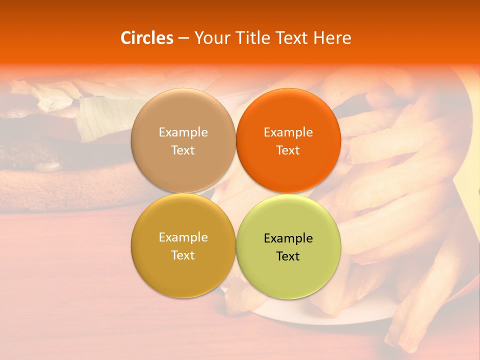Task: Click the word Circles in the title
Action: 146,38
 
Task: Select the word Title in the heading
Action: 254,38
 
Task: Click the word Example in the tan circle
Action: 183,132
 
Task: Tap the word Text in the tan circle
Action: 183,150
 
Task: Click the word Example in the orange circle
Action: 288,132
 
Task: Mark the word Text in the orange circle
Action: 288,150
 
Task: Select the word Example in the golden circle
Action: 183,237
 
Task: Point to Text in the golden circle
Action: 183,255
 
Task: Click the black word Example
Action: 288,238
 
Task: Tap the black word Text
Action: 288,256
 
